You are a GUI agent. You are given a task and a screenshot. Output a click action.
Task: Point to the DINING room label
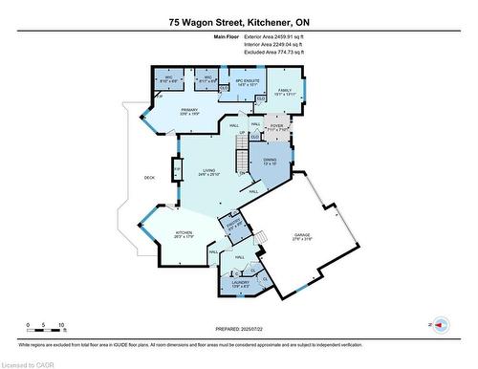click(271, 160)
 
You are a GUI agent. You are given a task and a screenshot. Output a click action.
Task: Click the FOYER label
click(276, 124)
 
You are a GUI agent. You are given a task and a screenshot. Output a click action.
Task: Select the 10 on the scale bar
click(62, 324)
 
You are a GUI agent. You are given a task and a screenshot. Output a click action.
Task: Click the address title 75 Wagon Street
click(239, 21)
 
